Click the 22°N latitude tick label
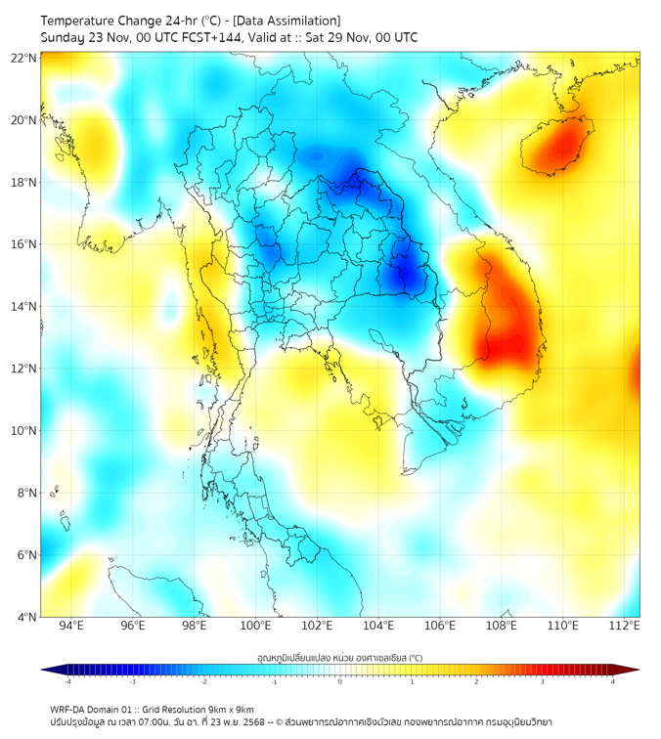point(24,58)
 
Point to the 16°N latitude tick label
point(24,244)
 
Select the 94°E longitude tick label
point(71,626)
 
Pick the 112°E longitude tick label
point(625,626)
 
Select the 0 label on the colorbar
point(340,681)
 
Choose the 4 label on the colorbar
point(613,681)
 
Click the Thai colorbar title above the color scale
point(339,657)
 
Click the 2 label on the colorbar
point(477,681)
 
